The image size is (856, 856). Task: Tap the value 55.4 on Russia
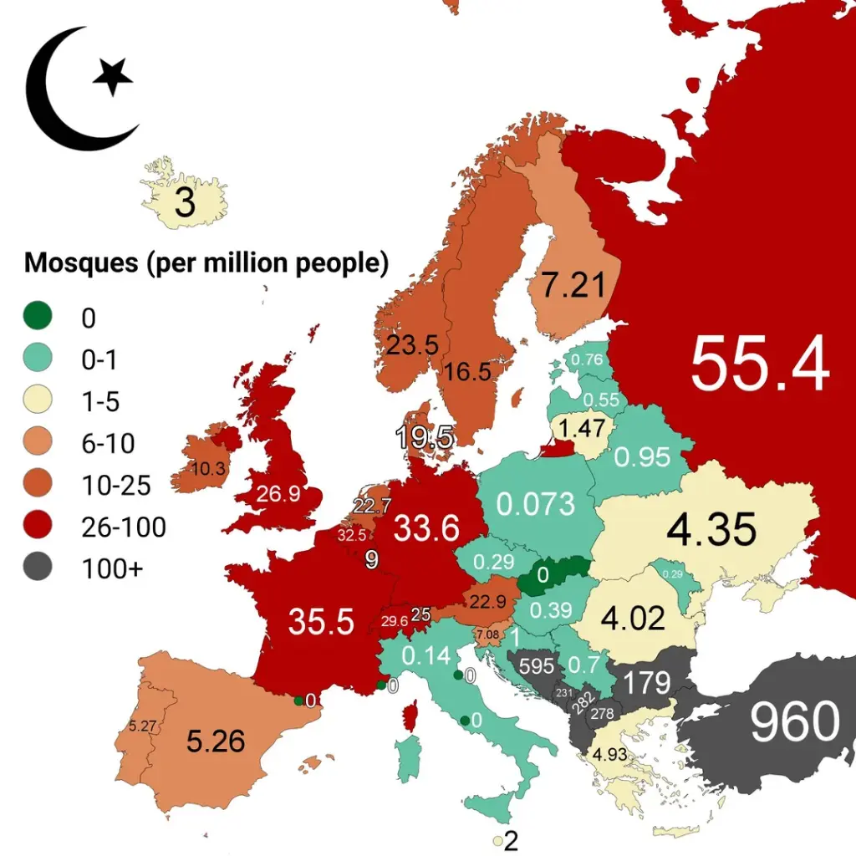pos(760,364)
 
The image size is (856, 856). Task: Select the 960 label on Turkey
pos(793,721)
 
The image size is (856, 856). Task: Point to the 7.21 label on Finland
pos(573,286)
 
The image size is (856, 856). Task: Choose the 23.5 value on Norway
pos(412,344)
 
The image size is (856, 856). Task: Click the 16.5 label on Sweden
pos(468,372)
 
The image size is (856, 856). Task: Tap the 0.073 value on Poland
pos(536,504)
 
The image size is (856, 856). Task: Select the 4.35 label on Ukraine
pos(712,529)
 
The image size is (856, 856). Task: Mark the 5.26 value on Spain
pos(216,741)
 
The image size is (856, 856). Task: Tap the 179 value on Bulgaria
pos(648,682)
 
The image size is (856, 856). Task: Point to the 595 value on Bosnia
pos(537,666)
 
